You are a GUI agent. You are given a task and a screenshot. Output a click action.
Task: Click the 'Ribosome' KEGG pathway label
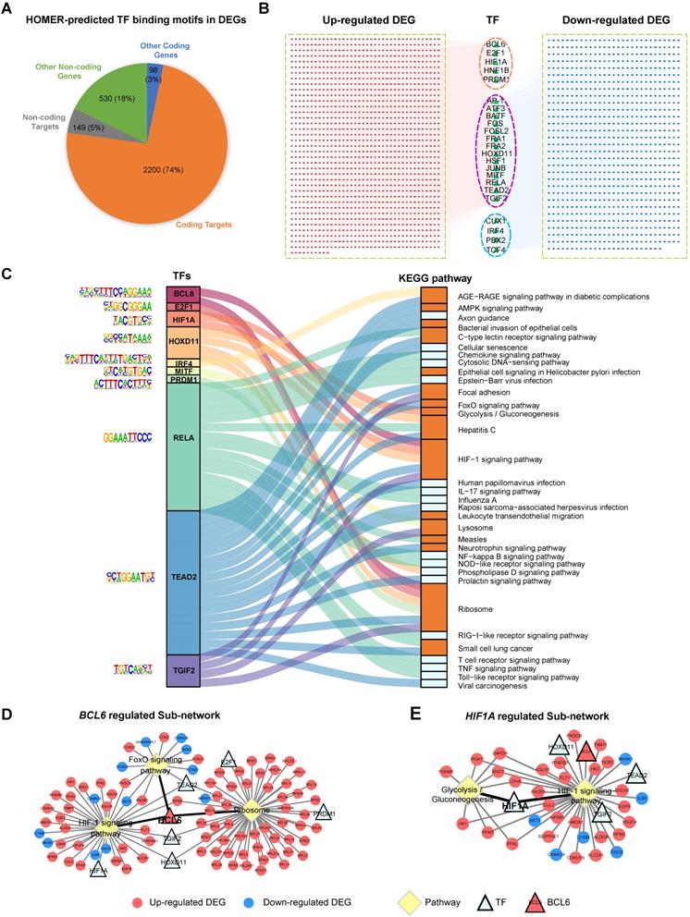[x=475, y=609]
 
